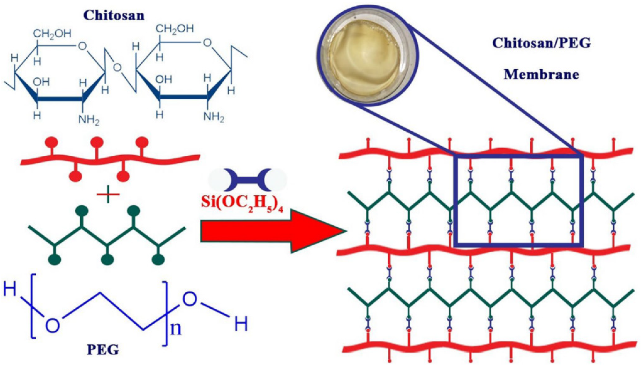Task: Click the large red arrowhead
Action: point(318,231)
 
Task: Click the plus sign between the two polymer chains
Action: point(108,195)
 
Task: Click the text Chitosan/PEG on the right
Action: point(541,43)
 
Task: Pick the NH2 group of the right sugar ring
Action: point(214,117)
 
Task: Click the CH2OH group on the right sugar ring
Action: point(175,29)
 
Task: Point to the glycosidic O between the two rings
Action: point(117,67)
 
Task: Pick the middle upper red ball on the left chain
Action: point(97,142)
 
